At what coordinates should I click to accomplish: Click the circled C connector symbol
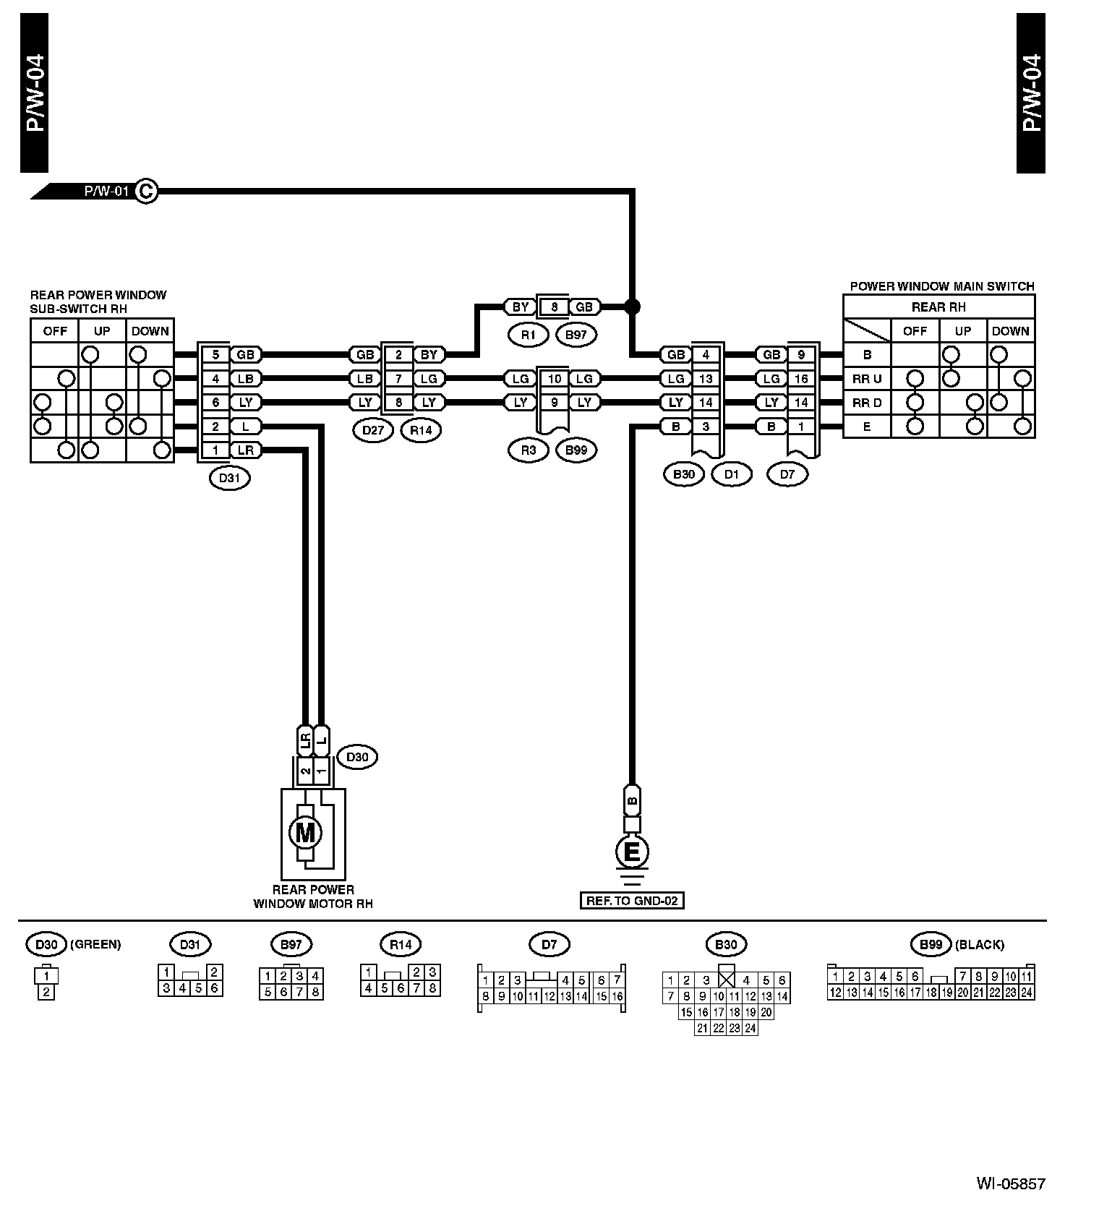point(146,191)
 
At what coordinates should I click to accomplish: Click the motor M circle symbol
point(305,833)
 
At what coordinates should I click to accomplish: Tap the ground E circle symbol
point(631,852)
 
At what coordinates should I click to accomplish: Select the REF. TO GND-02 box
point(631,901)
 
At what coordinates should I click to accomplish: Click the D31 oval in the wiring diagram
point(229,477)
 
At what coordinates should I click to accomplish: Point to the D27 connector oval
point(373,431)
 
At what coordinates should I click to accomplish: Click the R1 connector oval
point(529,335)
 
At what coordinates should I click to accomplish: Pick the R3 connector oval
point(529,450)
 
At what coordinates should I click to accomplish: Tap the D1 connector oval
point(731,474)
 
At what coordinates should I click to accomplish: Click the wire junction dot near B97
point(632,307)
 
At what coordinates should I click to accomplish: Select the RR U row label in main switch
point(867,379)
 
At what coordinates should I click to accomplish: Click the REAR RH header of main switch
point(938,307)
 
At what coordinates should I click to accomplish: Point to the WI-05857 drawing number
point(1010,1184)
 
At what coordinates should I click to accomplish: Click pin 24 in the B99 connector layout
point(1026,993)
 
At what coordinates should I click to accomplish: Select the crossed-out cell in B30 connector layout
point(726,980)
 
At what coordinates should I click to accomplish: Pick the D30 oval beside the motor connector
point(357,757)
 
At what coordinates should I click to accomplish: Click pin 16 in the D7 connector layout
point(617,996)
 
